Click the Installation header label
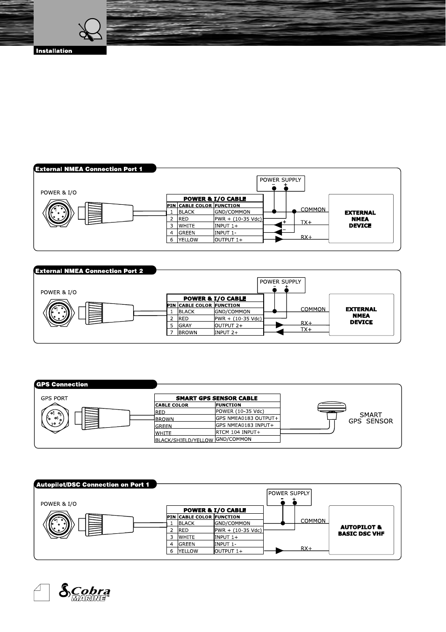click(54, 51)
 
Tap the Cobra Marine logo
click(85, 593)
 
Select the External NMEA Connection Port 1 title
click(89, 169)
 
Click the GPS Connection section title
click(62, 385)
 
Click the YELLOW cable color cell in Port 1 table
click(188, 240)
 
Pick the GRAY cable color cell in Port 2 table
click(185, 326)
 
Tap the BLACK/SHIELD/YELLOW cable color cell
click(184, 440)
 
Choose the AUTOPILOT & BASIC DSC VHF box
click(361, 530)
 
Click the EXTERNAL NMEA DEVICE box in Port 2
click(361, 316)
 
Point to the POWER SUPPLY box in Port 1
click(281, 183)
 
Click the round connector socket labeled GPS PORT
click(55, 418)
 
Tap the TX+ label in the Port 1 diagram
click(306, 223)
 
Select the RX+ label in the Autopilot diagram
click(306, 549)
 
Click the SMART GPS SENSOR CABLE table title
click(217, 398)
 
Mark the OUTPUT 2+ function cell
click(229, 326)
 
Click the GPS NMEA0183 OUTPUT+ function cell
click(247, 418)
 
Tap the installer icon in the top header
click(91, 29)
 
